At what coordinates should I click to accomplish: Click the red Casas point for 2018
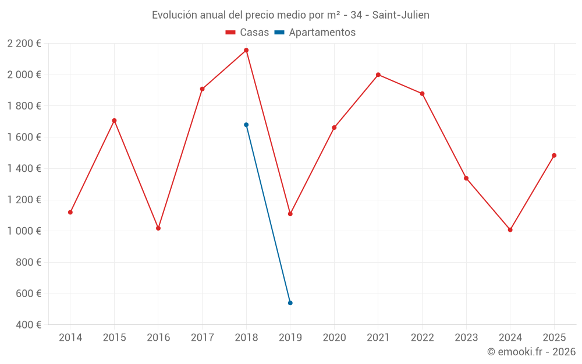246,50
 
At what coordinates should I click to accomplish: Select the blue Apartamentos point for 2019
290,303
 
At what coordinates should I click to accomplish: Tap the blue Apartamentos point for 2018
246,125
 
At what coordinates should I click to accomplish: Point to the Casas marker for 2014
70,212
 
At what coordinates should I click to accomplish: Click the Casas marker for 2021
378,75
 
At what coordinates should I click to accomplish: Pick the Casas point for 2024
510,229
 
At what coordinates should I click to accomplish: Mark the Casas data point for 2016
158,228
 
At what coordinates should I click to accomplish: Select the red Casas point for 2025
554,156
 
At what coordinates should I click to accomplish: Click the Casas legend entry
247,33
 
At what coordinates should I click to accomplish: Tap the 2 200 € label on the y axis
24,43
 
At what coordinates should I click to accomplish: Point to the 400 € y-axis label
28,324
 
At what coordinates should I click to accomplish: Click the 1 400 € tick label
24,168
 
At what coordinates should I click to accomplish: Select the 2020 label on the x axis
334,337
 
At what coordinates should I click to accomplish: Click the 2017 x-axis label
202,337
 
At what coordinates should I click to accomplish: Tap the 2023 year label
466,337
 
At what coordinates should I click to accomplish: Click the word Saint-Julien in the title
401,15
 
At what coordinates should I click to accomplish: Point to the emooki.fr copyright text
531,352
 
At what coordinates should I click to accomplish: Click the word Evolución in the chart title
173,15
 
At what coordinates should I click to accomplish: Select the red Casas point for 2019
290,214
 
